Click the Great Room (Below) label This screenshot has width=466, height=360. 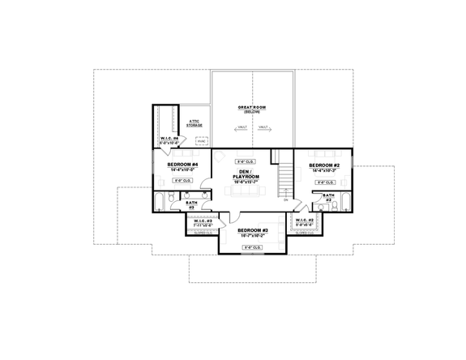252,109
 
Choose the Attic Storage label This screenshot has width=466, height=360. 195,124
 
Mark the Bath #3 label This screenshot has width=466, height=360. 191,205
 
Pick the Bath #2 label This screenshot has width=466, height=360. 329,196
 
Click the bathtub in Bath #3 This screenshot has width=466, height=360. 160,201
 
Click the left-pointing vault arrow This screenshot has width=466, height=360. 242,128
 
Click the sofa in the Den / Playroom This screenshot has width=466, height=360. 247,191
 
